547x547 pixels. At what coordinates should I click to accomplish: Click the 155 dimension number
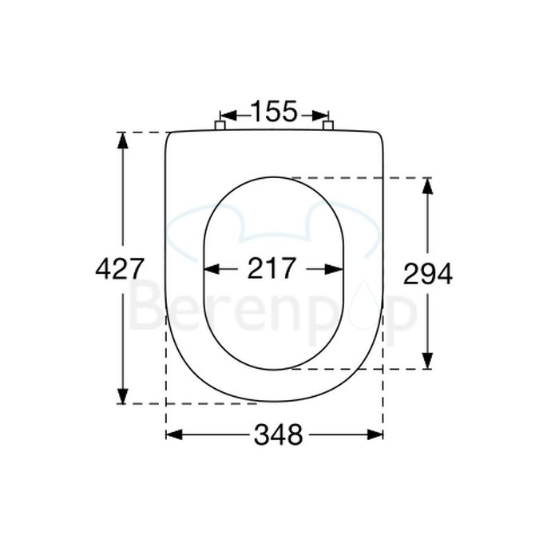[x=274, y=112]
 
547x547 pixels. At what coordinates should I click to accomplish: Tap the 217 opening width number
[x=272, y=268]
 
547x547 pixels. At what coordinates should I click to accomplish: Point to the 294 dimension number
[x=427, y=274]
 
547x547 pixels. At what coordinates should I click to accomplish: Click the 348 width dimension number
[x=278, y=434]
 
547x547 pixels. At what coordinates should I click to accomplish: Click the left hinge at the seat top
[x=220, y=125]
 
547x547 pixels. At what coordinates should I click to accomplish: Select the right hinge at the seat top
[x=327, y=125]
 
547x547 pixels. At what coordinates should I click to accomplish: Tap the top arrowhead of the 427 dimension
[x=122, y=140]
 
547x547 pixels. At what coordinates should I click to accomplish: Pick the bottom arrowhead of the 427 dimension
[x=122, y=396]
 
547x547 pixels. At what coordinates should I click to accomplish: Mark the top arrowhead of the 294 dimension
[x=427, y=185]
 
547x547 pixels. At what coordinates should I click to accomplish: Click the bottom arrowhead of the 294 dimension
[x=427, y=361]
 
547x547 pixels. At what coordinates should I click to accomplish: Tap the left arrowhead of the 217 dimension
[x=212, y=269]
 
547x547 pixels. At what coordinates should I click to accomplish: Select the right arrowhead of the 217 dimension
[x=335, y=269]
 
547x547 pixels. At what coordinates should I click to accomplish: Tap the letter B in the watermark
[x=145, y=307]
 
